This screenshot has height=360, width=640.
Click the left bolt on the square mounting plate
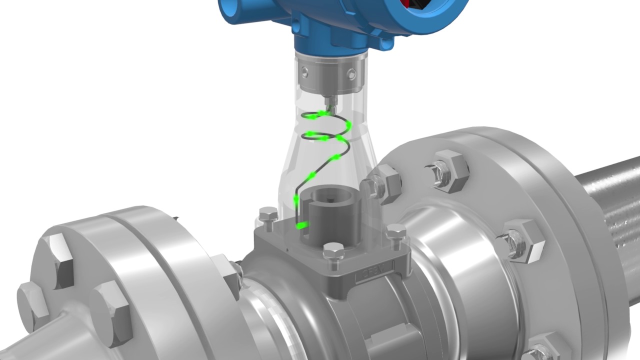269,218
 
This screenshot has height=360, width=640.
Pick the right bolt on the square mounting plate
396,232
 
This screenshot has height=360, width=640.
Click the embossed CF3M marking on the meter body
370,275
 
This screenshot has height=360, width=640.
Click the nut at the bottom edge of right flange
545,350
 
